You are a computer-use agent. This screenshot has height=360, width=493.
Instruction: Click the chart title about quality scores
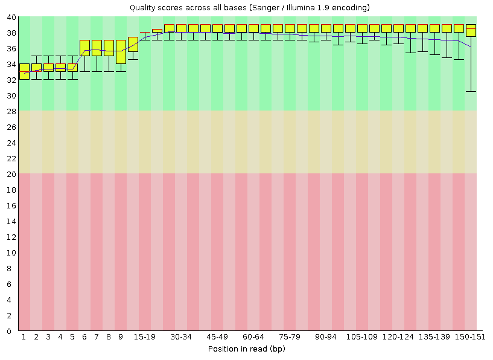point(250,8)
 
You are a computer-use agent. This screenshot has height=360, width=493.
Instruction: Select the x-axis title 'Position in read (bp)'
point(246,349)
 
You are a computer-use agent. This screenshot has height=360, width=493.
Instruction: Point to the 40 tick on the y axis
point(12,17)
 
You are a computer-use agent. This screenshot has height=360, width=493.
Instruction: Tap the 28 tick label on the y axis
point(12,111)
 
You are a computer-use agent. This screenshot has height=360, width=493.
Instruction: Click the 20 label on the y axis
point(12,174)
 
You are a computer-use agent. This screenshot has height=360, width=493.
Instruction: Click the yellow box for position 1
point(24,71)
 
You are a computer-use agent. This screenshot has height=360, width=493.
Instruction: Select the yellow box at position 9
point(121,52)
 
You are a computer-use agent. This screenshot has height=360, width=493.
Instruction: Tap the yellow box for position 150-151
point(471,31)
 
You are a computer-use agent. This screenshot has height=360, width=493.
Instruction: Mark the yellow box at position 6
point(84,48)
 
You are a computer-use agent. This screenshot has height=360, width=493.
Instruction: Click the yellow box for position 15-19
point(133,44)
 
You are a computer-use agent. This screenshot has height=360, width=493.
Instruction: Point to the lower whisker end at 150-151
point(471,91)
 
